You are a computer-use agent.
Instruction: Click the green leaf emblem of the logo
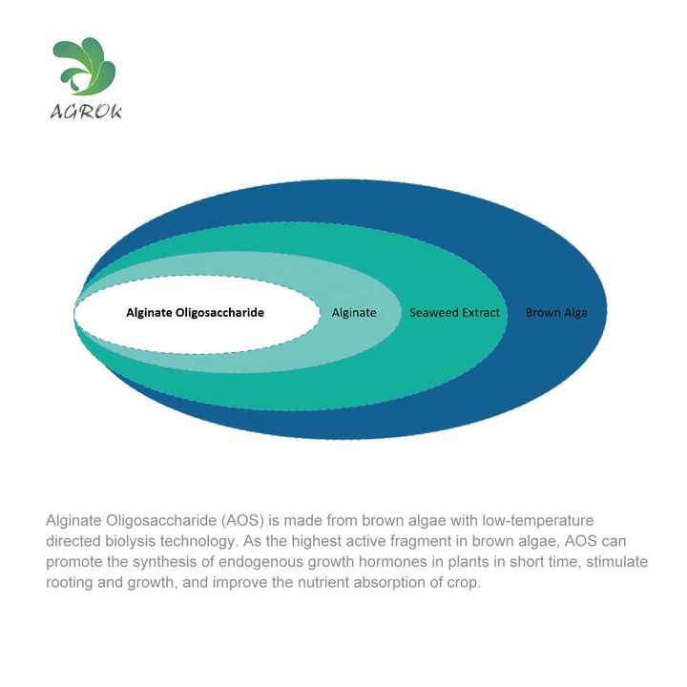[x=85, y=66]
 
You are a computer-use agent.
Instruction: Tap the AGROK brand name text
[x=86, y=112]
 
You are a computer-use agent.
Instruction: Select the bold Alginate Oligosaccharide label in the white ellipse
[x=195, y=313]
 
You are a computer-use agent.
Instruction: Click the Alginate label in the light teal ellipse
[x=354, y=313]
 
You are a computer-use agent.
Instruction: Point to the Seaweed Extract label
[x=454, y=313]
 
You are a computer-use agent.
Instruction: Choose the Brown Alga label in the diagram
[x=556, y=313]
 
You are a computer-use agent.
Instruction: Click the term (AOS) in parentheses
[x=242, y=521]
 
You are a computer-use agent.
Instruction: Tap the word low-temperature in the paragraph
[x=538, y=521]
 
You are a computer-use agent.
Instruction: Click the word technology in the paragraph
[x=198, y=541]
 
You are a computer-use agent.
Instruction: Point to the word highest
[x=317, y=541]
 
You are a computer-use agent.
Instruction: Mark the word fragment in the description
[x=420, y=541]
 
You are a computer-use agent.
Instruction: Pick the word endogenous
[x=260, y=562]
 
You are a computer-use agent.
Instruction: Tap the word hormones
[x=392, y=562]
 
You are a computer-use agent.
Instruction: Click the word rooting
[x=70, y=583]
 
